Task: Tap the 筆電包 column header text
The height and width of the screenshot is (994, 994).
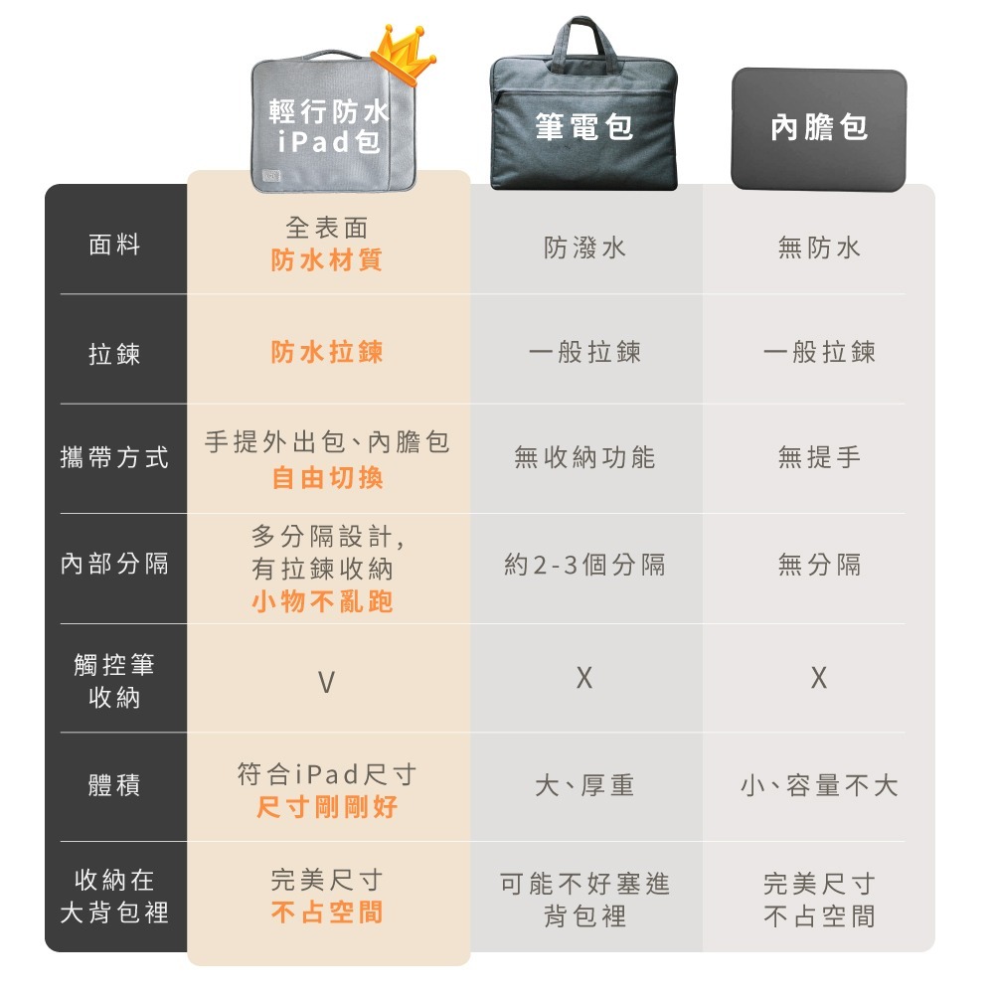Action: (584, 126)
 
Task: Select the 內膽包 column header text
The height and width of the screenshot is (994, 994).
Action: (819, 126)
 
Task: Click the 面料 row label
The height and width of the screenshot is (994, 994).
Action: (115, 245)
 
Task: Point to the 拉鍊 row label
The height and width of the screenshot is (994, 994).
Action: (115, 354)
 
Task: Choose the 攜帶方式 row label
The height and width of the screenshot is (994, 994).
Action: (115, 458)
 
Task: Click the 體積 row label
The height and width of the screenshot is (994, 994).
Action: (115, 786)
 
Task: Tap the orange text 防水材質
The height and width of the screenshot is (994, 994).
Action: (327, 260)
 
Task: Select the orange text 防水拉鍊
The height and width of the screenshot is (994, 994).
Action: (327, 352)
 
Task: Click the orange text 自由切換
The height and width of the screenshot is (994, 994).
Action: (327, 478)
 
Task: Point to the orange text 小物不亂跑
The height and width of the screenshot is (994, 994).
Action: (322, 601)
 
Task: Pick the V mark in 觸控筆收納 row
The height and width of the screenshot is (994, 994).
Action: (326, 682)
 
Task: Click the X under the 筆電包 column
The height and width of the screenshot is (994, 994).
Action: (584, 678)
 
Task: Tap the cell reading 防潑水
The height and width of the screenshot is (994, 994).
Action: (584, 248)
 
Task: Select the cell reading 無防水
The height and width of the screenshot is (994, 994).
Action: (819, 248)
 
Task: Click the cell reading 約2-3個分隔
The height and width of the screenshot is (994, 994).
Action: (584, 566)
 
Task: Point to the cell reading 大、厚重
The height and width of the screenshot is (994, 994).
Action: (584, 786)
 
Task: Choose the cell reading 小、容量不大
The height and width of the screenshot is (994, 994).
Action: (819, 786)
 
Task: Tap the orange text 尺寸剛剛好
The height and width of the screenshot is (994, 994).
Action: (327, 806)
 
